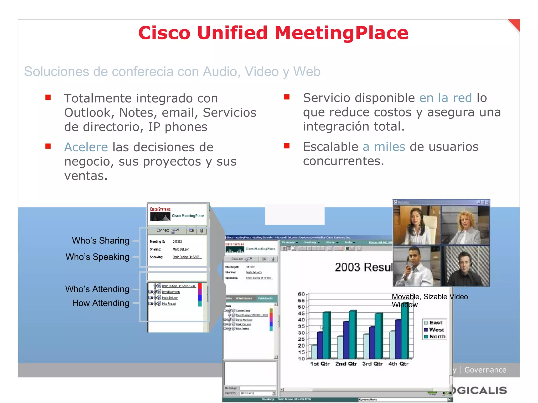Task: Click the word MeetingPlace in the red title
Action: coord(341,33)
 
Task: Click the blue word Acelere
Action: coord(86,147)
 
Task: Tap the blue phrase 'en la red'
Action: coord(446,98)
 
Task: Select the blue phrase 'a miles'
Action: coord(384,147)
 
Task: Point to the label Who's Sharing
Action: coord(101,241)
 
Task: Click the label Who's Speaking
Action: coord(97,257)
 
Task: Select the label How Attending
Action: coord(101,303)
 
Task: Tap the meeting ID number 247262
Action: coord(177,242)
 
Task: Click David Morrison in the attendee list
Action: coord(171,292)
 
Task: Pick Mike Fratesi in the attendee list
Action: coord(169,304)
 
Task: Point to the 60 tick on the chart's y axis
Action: coord(301,294)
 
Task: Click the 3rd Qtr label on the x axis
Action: coord(372,364)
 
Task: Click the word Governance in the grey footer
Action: coord(485,370)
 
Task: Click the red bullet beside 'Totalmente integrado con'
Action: coord(48,98)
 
